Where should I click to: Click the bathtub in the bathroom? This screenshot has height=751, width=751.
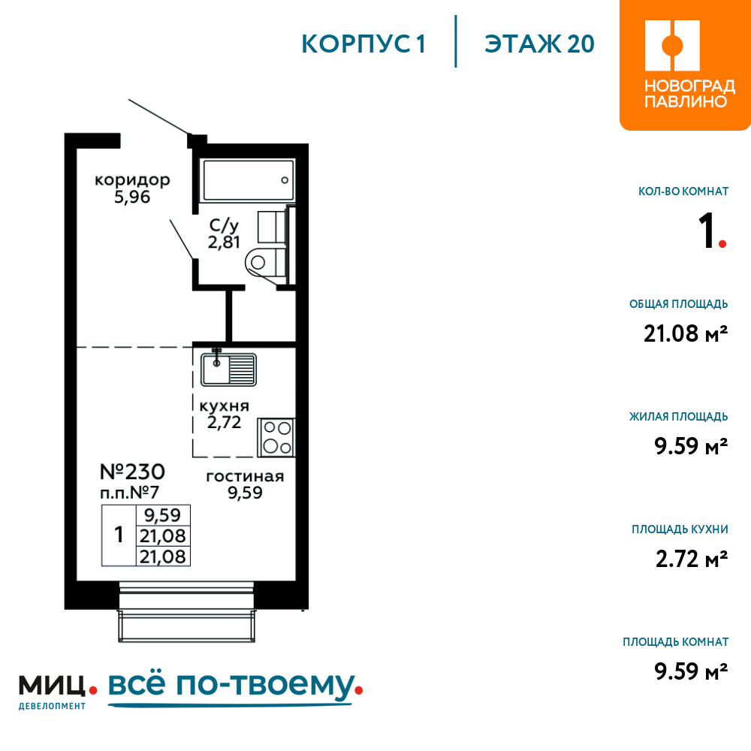(248, 180)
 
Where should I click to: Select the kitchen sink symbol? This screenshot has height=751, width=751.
(228, 369)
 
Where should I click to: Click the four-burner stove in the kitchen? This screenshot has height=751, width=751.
(276, 437)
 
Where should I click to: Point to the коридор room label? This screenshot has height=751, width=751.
(132, 180)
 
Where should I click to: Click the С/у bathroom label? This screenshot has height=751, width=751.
(224, 225)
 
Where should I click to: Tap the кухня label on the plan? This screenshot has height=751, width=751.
(224, 406)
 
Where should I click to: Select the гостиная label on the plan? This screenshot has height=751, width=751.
(245, 477)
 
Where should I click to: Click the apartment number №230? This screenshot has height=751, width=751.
(132, 472)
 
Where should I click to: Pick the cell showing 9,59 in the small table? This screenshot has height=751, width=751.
(163, 515)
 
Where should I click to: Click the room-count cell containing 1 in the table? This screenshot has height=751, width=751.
(119, 535)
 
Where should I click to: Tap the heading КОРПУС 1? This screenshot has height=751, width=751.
(363, 44)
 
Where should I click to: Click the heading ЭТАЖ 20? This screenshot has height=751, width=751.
(539, 44)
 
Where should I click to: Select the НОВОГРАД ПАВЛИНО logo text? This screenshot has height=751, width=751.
(689, 94)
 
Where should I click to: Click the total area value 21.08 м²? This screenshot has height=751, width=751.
(686, 333)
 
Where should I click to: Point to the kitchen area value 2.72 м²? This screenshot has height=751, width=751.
(692, 559)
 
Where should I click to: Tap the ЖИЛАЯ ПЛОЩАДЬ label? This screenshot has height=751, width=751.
(679, 416)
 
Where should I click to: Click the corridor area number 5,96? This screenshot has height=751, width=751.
(132, 197)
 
